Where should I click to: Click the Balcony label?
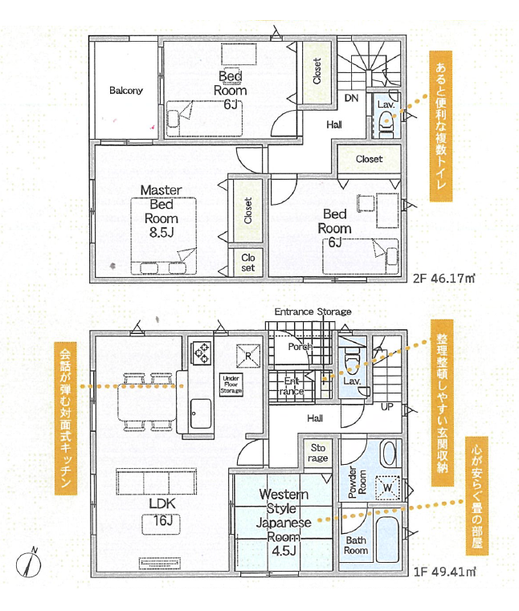126,91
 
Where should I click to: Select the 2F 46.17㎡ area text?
444,279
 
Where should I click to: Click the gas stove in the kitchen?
202,352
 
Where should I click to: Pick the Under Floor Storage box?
231,385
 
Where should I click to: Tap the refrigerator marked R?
248,356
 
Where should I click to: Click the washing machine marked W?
387,488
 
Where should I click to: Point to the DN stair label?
351,98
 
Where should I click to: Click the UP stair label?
386,407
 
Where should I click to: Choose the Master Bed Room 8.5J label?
161,211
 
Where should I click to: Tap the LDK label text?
162,503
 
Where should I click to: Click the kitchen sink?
201,413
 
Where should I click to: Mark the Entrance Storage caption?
313,312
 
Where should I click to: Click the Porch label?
300,346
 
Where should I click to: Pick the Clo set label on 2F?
248,263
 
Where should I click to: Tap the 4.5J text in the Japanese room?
284,551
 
